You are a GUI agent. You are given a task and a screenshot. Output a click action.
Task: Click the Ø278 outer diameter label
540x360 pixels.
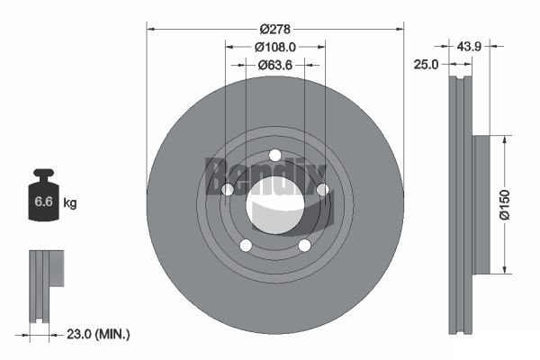[x=274, y=30]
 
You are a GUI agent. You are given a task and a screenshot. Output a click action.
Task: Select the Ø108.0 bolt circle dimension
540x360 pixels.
[x=274, y=47]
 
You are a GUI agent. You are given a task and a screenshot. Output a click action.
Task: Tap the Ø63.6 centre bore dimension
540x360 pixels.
[x=275, y=65]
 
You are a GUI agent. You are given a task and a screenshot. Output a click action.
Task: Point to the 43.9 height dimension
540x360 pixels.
[x=469, y=46]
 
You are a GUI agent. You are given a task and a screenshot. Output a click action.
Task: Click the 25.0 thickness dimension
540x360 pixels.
[x=426, y=65]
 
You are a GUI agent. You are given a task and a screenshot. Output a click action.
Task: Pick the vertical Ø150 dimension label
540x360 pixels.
[x=504, y=204]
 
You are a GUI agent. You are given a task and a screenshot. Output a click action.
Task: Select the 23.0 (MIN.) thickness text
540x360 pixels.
[x=98, y=334]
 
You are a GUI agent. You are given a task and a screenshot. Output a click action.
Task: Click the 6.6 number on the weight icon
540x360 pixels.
[x=43, y=202]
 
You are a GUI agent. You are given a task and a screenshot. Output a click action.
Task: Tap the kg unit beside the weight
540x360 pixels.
[x=70, y=202]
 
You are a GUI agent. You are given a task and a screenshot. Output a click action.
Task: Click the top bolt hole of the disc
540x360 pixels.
[x=274, y=156]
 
